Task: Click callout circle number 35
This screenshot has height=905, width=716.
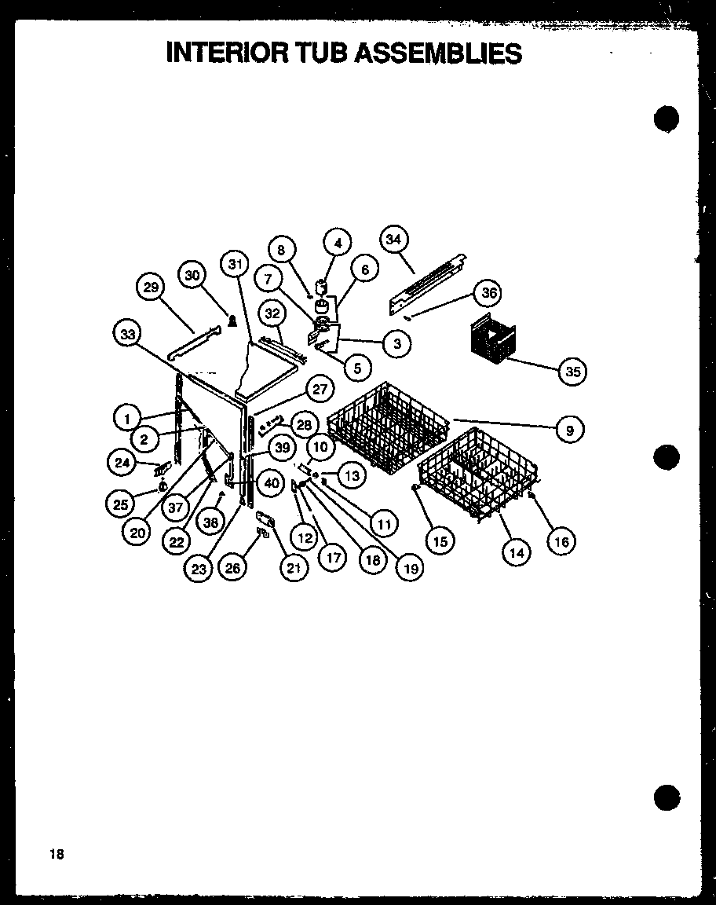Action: coord(573,371)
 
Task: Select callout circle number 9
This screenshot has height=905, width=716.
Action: coord(570,430)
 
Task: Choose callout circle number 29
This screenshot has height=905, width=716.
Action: coord(150,288)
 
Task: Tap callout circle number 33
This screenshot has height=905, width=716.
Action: coord(126,335)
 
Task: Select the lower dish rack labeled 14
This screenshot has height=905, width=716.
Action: coord(479,475)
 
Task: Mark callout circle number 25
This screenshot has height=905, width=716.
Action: coord(121,504)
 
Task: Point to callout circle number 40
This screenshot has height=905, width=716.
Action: coord(271,483)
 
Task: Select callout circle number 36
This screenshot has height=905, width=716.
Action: coord(489,294)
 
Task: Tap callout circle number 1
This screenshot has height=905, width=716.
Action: coord(126,417)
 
